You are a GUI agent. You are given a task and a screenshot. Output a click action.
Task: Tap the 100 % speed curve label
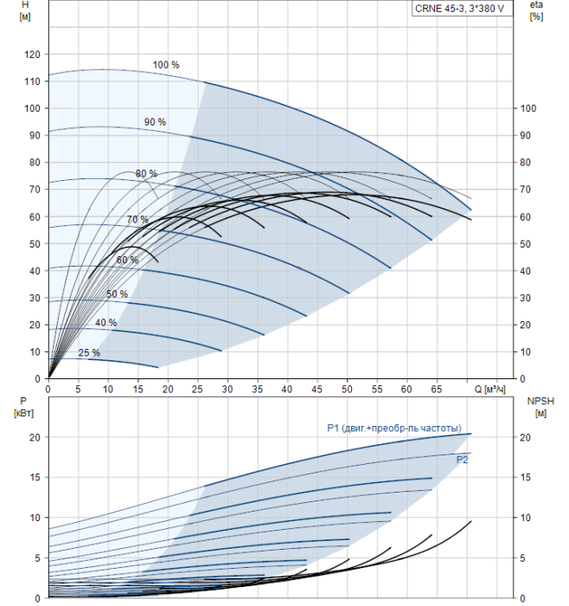click(166, 65)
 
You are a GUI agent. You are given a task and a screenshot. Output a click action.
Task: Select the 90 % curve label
click(155, 122)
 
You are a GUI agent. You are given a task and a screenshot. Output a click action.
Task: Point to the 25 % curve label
click(89, 352)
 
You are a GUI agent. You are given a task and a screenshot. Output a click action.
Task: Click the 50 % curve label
click(117, 294)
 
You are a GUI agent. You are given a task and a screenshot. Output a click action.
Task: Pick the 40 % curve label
click(106, 323)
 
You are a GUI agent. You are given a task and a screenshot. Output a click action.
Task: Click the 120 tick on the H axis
click(34, 55)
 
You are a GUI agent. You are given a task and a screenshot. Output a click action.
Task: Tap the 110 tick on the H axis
click(34, 81)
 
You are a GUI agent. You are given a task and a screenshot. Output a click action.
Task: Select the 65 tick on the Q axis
click(438, 390)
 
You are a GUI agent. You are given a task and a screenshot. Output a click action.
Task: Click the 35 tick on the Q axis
click(258, 390)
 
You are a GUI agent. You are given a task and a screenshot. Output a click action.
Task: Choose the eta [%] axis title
click(535, 11)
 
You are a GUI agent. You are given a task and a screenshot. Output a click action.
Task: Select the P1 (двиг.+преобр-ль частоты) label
click(393, 427)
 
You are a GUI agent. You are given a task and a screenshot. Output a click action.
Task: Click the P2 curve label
click(463, 461)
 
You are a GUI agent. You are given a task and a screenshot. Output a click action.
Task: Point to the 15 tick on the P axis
click(35, 477)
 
